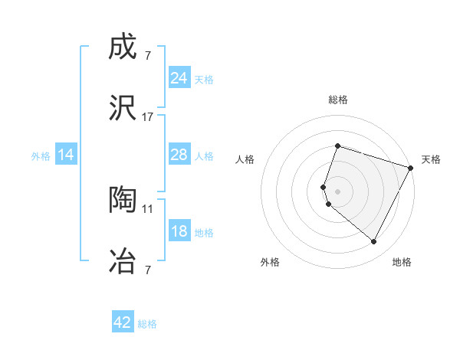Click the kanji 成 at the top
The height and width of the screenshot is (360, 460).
coord(123,47)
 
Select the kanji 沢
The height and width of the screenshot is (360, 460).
coord(123,108)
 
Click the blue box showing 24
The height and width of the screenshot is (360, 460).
coord(179,77)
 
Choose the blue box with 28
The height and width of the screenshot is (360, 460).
coord(179,155)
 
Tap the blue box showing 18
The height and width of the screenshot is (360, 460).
coord(179,231)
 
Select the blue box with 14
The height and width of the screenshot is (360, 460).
coord(66,155)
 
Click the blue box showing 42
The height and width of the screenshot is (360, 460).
coord(123,322)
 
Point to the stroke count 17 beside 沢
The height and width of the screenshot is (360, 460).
coord(147,116)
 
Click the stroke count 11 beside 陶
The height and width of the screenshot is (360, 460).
coord(147,208)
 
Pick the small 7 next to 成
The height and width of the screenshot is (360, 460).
coord(147,56)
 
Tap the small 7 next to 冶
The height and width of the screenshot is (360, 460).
coord(147,269)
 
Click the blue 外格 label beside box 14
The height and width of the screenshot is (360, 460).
coord(41,155)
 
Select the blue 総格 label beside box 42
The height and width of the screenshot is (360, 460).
coord(147,324)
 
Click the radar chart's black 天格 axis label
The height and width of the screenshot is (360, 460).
coord(431,159)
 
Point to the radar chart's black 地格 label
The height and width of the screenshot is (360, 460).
coord(402,262)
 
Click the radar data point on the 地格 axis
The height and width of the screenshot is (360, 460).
coord(373,242)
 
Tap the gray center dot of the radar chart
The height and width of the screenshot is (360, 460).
coord(337,191)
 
